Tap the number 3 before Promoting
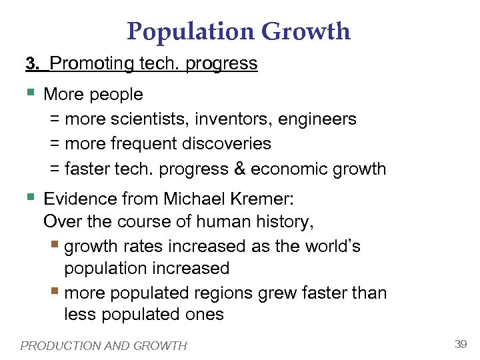pyautogui.click(x=29, y=64)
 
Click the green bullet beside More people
pyautogui.click(x=30, y=93)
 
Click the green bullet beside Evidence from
pyautogui.click(x=30, y=197)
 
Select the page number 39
pyautogui.click(x=460, y=344)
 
